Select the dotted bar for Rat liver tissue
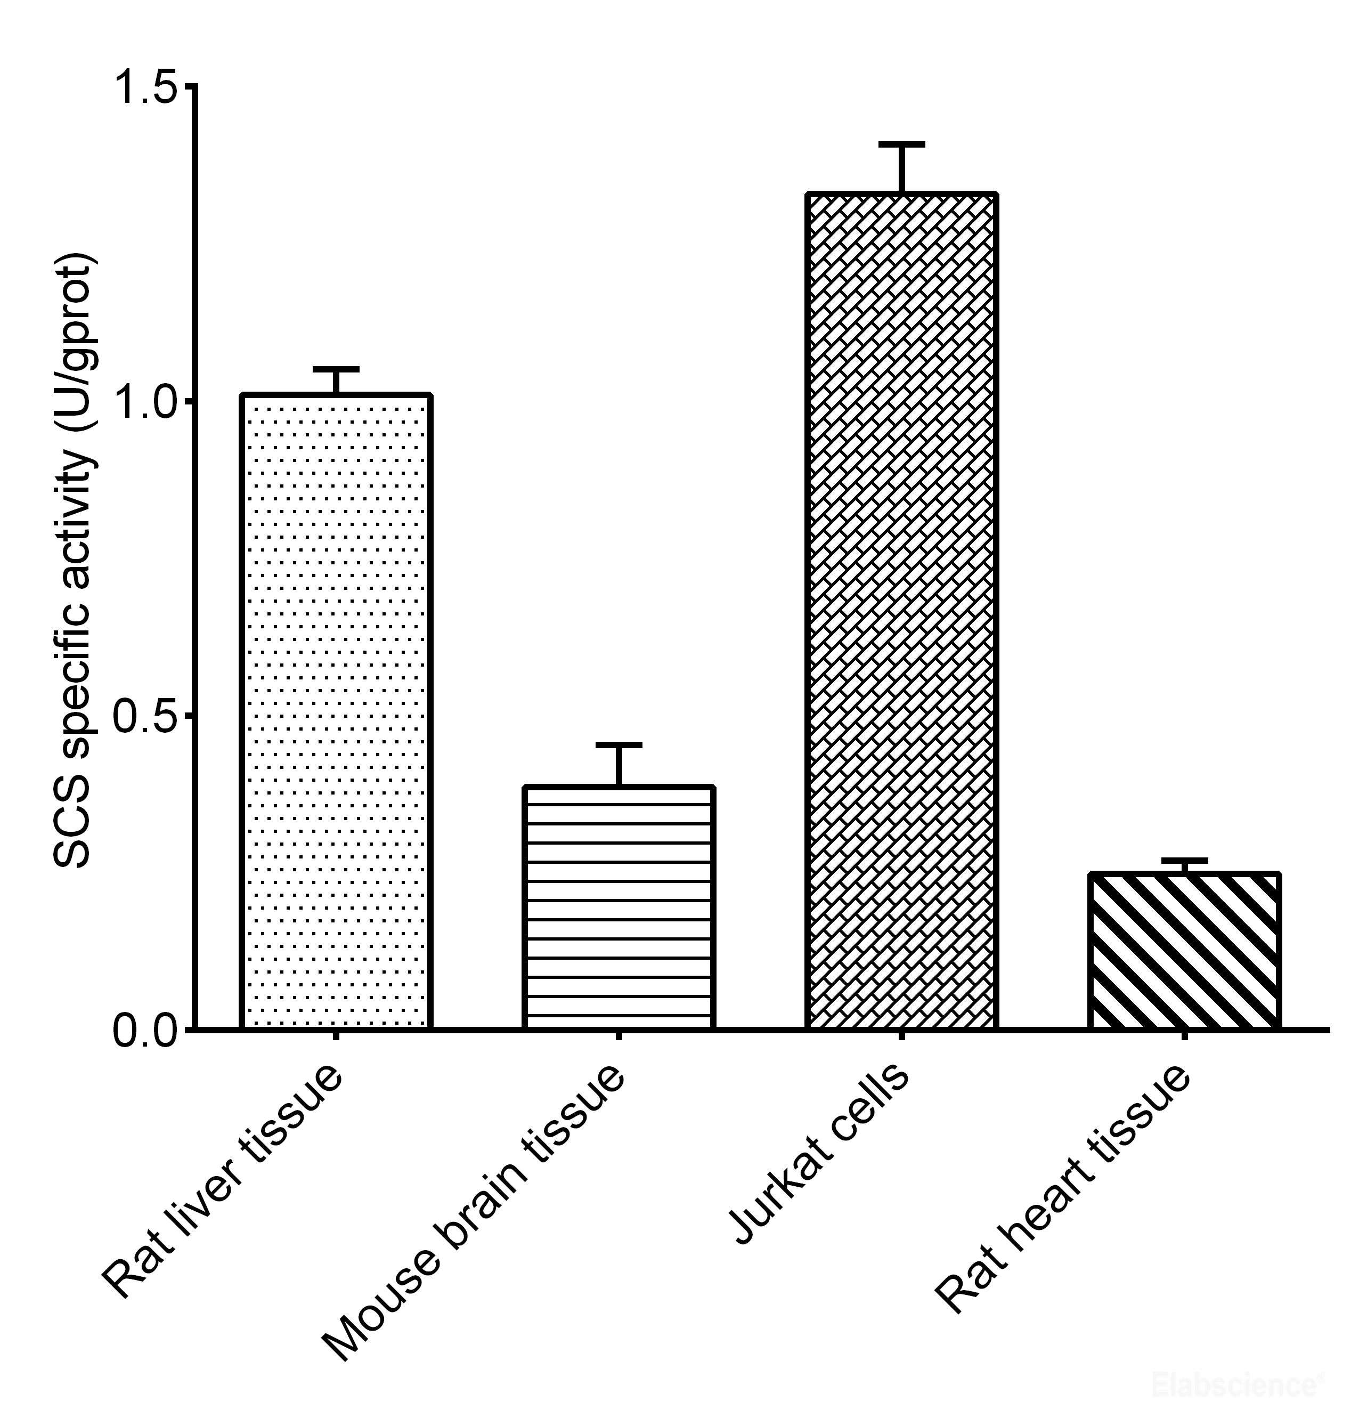click(336, 710)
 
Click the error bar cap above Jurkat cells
click(902, 145)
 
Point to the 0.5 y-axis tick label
click(145, 715)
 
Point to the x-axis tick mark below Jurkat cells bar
click(902, 1036)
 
